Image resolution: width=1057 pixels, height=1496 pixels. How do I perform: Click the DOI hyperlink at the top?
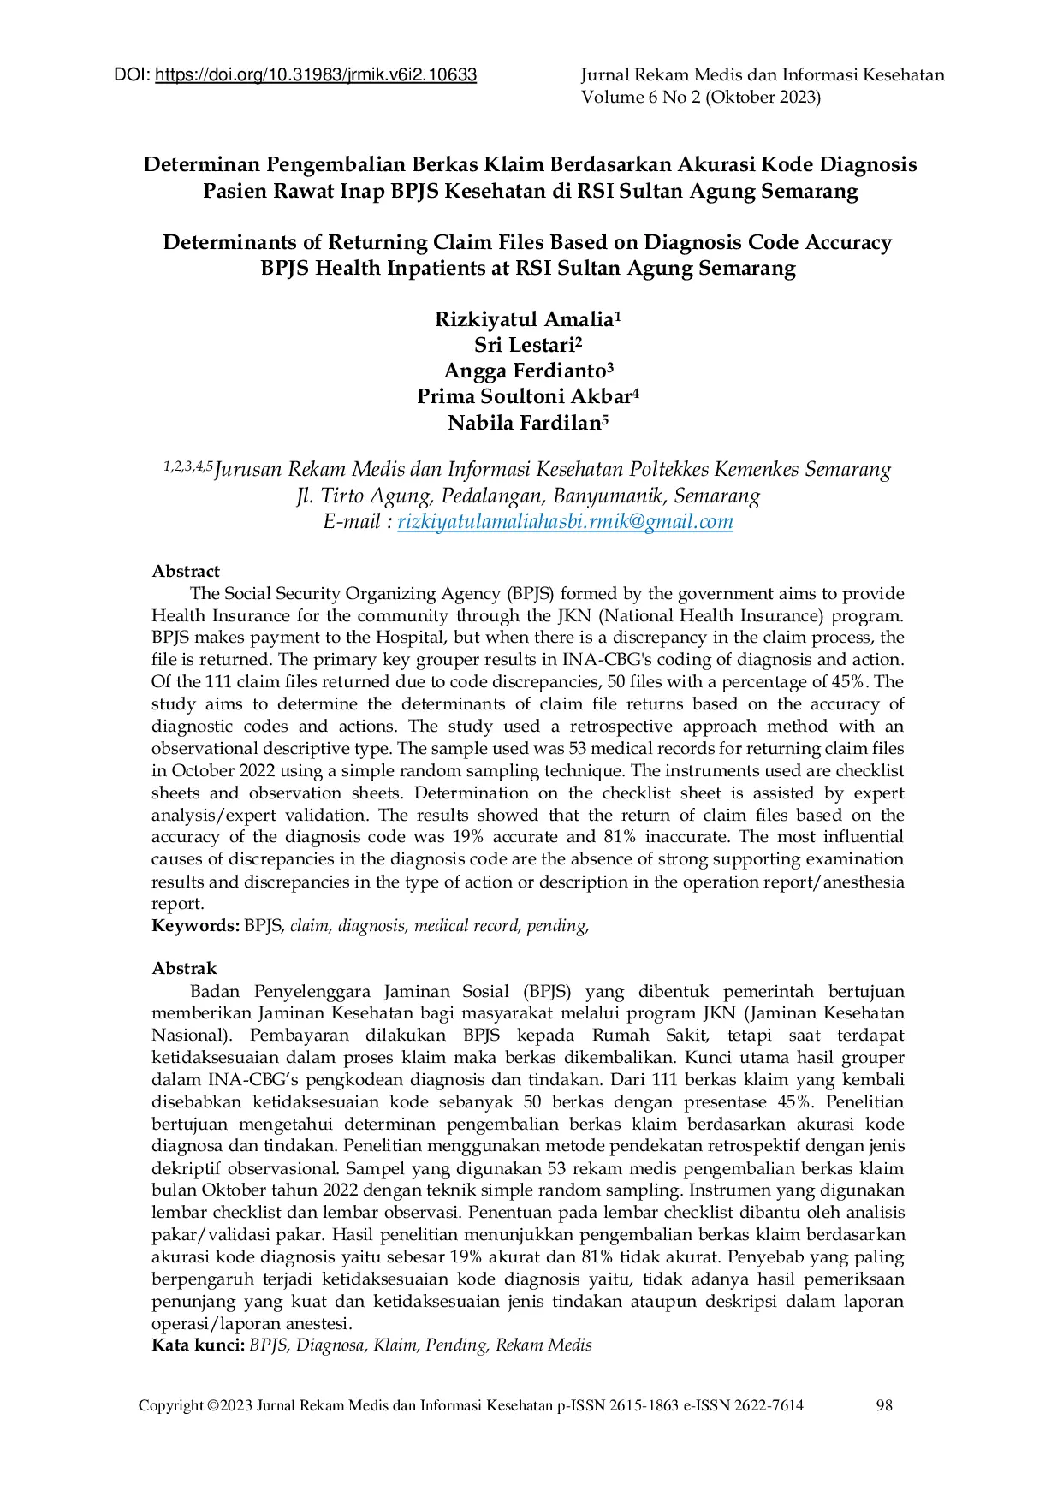pos(316,75)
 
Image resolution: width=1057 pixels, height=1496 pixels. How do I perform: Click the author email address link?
pos(565,522)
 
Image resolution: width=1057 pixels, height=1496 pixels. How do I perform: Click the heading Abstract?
pos(186,572)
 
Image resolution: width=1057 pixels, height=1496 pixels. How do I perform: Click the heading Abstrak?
pos(184,969)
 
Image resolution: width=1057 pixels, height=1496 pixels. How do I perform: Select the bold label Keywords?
pos(195,926)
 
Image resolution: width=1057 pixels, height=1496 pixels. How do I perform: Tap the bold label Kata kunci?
pos(198,1345)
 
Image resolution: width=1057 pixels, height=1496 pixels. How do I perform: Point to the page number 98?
pos(884,1405)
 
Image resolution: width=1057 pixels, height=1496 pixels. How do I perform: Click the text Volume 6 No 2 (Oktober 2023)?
pos(701,98)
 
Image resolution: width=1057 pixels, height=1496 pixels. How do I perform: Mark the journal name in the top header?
pos(763,75)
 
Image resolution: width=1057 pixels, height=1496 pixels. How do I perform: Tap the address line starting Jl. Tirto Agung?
pos(528,496)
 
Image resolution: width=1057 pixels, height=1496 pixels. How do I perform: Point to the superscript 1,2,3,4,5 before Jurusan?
pos(187,466)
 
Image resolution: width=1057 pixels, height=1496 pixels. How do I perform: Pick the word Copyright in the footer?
pos(170,1405)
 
